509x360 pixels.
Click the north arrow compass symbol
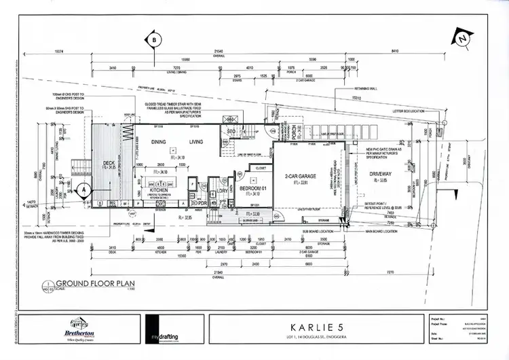tap(462, 39)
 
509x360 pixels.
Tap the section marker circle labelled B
tap(154, 40)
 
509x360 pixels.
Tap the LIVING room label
tap(195, 142)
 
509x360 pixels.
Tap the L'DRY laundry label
tap(223, 191)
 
